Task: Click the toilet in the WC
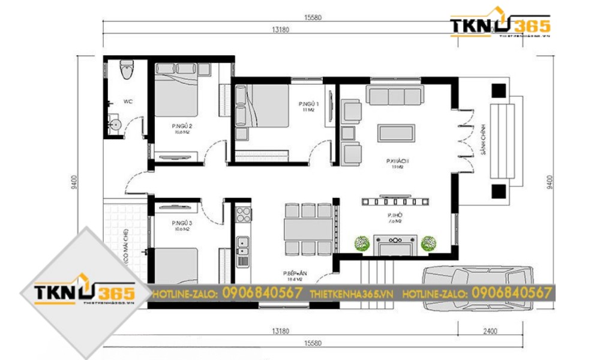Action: click(125, 70)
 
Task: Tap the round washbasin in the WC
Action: click(116, 125)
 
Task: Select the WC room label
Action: click(128, 102)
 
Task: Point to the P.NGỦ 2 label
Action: click(181, 127)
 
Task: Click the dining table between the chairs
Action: click(308, 229)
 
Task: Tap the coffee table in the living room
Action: click(395, 132)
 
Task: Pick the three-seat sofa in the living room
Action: click(395, 96)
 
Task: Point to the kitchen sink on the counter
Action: click(243, 243)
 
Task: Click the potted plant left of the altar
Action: click(361, 243)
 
